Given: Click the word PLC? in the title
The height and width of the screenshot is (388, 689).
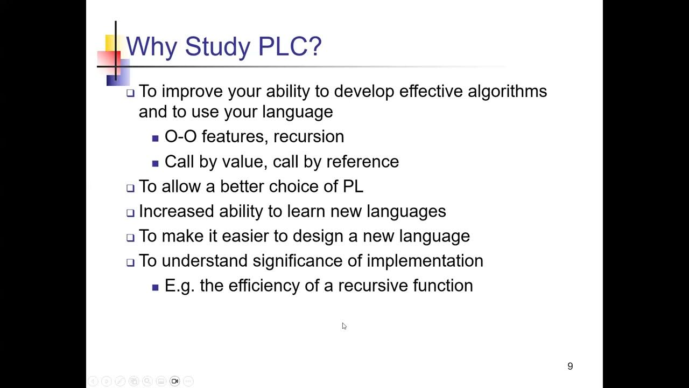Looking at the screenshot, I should tap(290, 46).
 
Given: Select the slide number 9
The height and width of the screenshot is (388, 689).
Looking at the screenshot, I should tap(570, 366).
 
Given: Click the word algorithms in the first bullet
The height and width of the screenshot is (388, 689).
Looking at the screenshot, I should tap(507, 92).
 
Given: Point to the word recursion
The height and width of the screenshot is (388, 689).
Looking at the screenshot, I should tap(308, 137).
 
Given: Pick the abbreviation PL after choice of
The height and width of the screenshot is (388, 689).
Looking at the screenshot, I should tap(353, 186).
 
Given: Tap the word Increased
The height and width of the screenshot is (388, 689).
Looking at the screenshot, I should tap(177, 211).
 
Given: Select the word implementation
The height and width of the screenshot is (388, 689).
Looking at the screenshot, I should tap(425, 261).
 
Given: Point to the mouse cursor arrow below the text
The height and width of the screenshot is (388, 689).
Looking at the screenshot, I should tap(344, 325).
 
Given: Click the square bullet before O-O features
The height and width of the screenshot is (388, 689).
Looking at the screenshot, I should tap(156, 138).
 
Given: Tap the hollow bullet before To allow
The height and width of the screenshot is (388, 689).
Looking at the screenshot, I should tap(130, 188).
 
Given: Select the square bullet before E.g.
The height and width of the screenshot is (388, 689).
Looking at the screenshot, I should tap(156, 287).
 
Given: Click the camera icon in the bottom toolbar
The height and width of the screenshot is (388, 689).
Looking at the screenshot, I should tap(174, 381).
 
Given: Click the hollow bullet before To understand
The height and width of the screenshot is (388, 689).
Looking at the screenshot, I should tap(130, 262).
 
